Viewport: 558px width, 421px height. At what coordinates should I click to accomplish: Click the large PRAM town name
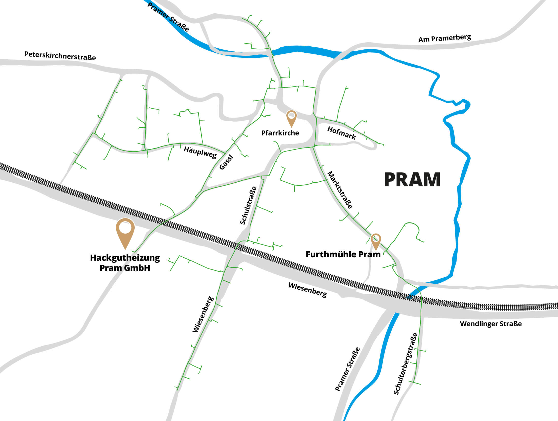point(412,180)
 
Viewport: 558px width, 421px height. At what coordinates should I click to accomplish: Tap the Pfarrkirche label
point(280,133)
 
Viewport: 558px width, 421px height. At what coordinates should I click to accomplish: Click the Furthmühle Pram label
point(343,254)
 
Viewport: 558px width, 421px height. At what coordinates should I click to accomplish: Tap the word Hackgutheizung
point(125,258)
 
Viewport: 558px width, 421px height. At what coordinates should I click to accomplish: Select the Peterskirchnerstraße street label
point(60,56)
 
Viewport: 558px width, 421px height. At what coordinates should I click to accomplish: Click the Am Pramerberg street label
point(444,38)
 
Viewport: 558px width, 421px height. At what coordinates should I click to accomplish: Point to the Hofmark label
point(341,133)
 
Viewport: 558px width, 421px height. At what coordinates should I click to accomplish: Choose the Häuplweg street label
point(200,152)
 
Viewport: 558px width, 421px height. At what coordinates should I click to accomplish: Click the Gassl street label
point(226,162)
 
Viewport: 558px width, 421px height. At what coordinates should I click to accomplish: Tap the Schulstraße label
point(248,205)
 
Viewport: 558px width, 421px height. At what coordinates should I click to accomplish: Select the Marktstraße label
point(340,190)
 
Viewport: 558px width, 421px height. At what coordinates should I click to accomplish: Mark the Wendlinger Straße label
point(491,324)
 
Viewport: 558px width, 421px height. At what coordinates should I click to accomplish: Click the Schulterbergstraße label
point(405,363)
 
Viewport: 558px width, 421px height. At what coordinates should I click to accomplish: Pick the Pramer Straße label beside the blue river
point(347,369)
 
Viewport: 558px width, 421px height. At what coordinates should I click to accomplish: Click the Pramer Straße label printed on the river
point(168,17)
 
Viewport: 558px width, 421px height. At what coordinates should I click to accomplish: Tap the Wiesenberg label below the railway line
point(308,290)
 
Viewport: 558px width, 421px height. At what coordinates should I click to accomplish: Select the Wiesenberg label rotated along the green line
point(203,314)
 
